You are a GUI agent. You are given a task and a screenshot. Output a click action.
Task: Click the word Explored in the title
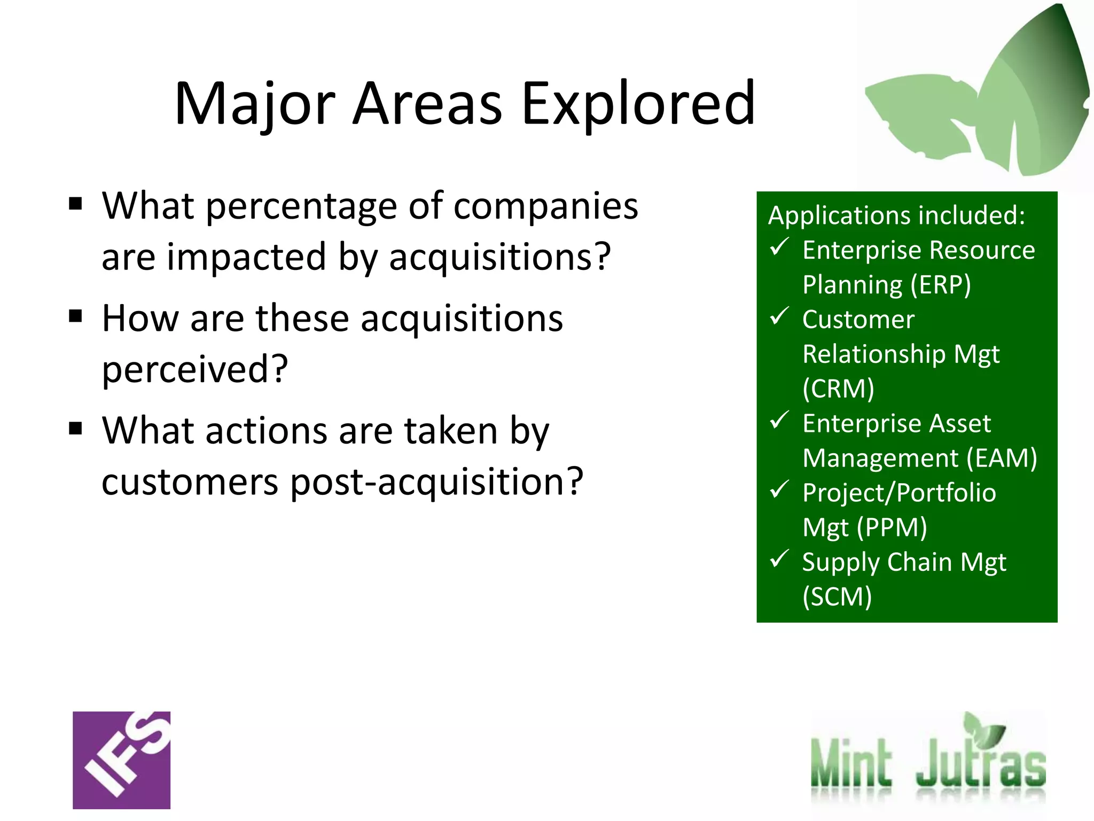[x=638, y=104]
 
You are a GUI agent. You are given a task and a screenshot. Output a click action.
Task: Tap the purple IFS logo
[x=122, y=760]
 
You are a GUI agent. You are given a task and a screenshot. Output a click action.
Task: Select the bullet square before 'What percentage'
[x=76, y=204]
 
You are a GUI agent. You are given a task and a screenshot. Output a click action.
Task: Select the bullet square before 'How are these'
[x=76, y=316]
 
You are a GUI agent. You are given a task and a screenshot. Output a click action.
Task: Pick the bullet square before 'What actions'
[x=76, y=429]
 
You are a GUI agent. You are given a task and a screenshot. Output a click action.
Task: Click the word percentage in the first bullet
[x=302, y=206]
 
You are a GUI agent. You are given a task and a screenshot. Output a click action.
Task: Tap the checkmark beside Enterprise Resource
[x=779, y=247]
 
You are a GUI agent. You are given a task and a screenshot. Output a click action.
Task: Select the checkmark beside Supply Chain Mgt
[x=779, y=559]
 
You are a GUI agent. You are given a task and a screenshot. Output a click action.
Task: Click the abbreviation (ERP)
[x=941, y=285]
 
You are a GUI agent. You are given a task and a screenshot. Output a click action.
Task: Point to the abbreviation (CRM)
[x=839, y=389]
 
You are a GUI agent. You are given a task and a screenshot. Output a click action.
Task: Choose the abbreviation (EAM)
[x=1002, y=458]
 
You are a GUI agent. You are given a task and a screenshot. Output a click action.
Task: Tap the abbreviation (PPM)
[x=892, y=528]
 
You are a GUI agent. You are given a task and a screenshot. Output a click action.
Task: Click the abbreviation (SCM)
[x=837, y=597]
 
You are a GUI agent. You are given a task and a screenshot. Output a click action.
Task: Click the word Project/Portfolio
[x=899, y=493]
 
